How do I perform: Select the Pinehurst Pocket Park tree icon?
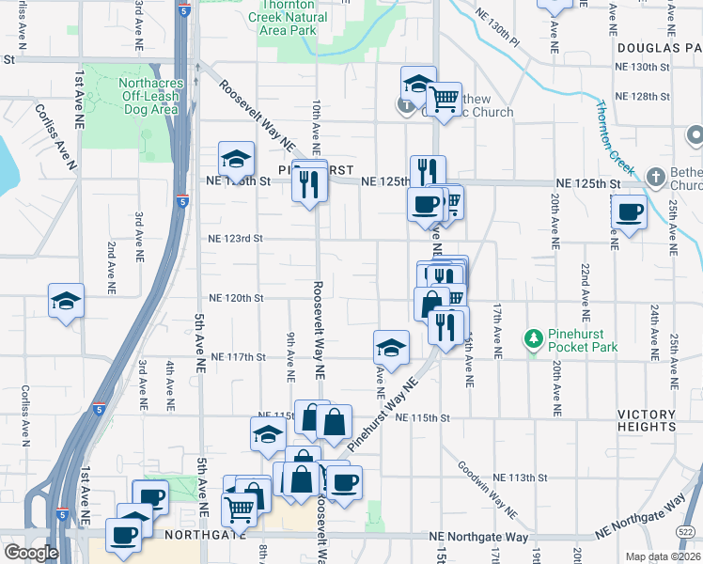pos(534,337)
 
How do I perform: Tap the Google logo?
pos(31,553)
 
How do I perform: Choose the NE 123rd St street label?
pos(234,239)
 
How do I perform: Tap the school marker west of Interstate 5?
pos(66,302)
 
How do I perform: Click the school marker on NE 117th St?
pos(391,348)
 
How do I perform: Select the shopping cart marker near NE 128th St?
pos(443,97)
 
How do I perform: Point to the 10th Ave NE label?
pos(316,127)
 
